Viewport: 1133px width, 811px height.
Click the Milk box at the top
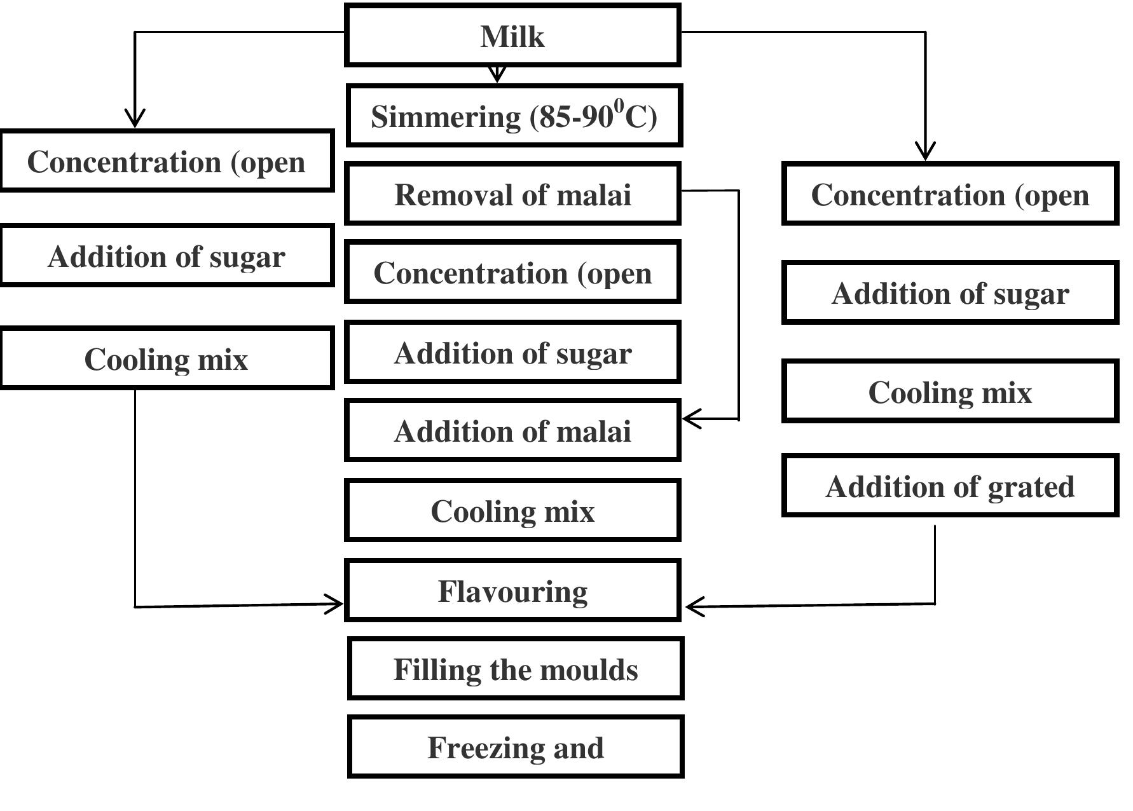click(x=512, y=36)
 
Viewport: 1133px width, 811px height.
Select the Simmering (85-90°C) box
click(x=514, y=116)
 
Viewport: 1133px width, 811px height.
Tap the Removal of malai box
click(x=512, y=194)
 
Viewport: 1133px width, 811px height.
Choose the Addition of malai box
click(x=512, y=430)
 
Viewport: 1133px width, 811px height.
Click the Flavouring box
click(x=512, y=590)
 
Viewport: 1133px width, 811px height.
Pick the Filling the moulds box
click(x=515, y=669)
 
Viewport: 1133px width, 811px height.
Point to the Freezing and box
click(x=515, y=747)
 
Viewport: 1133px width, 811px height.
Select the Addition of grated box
click(x=950, y=486)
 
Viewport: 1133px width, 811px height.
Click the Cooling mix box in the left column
click(x=167, y=358)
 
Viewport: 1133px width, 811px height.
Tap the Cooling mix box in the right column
click(x=950, y=392)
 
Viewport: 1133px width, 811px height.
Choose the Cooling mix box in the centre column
click(x=512, y=510)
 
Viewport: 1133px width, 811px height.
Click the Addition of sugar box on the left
click(x=167, y=256)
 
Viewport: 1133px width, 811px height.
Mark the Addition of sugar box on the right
click(x=950, y=292)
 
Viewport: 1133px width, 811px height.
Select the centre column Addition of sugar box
click(x=512, y=352)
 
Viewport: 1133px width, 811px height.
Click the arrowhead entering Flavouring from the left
click(x=334, y=604)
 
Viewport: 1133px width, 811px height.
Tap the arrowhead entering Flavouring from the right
click(x=695, y=606)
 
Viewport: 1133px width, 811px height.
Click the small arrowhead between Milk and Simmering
click(x=497, y=74)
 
